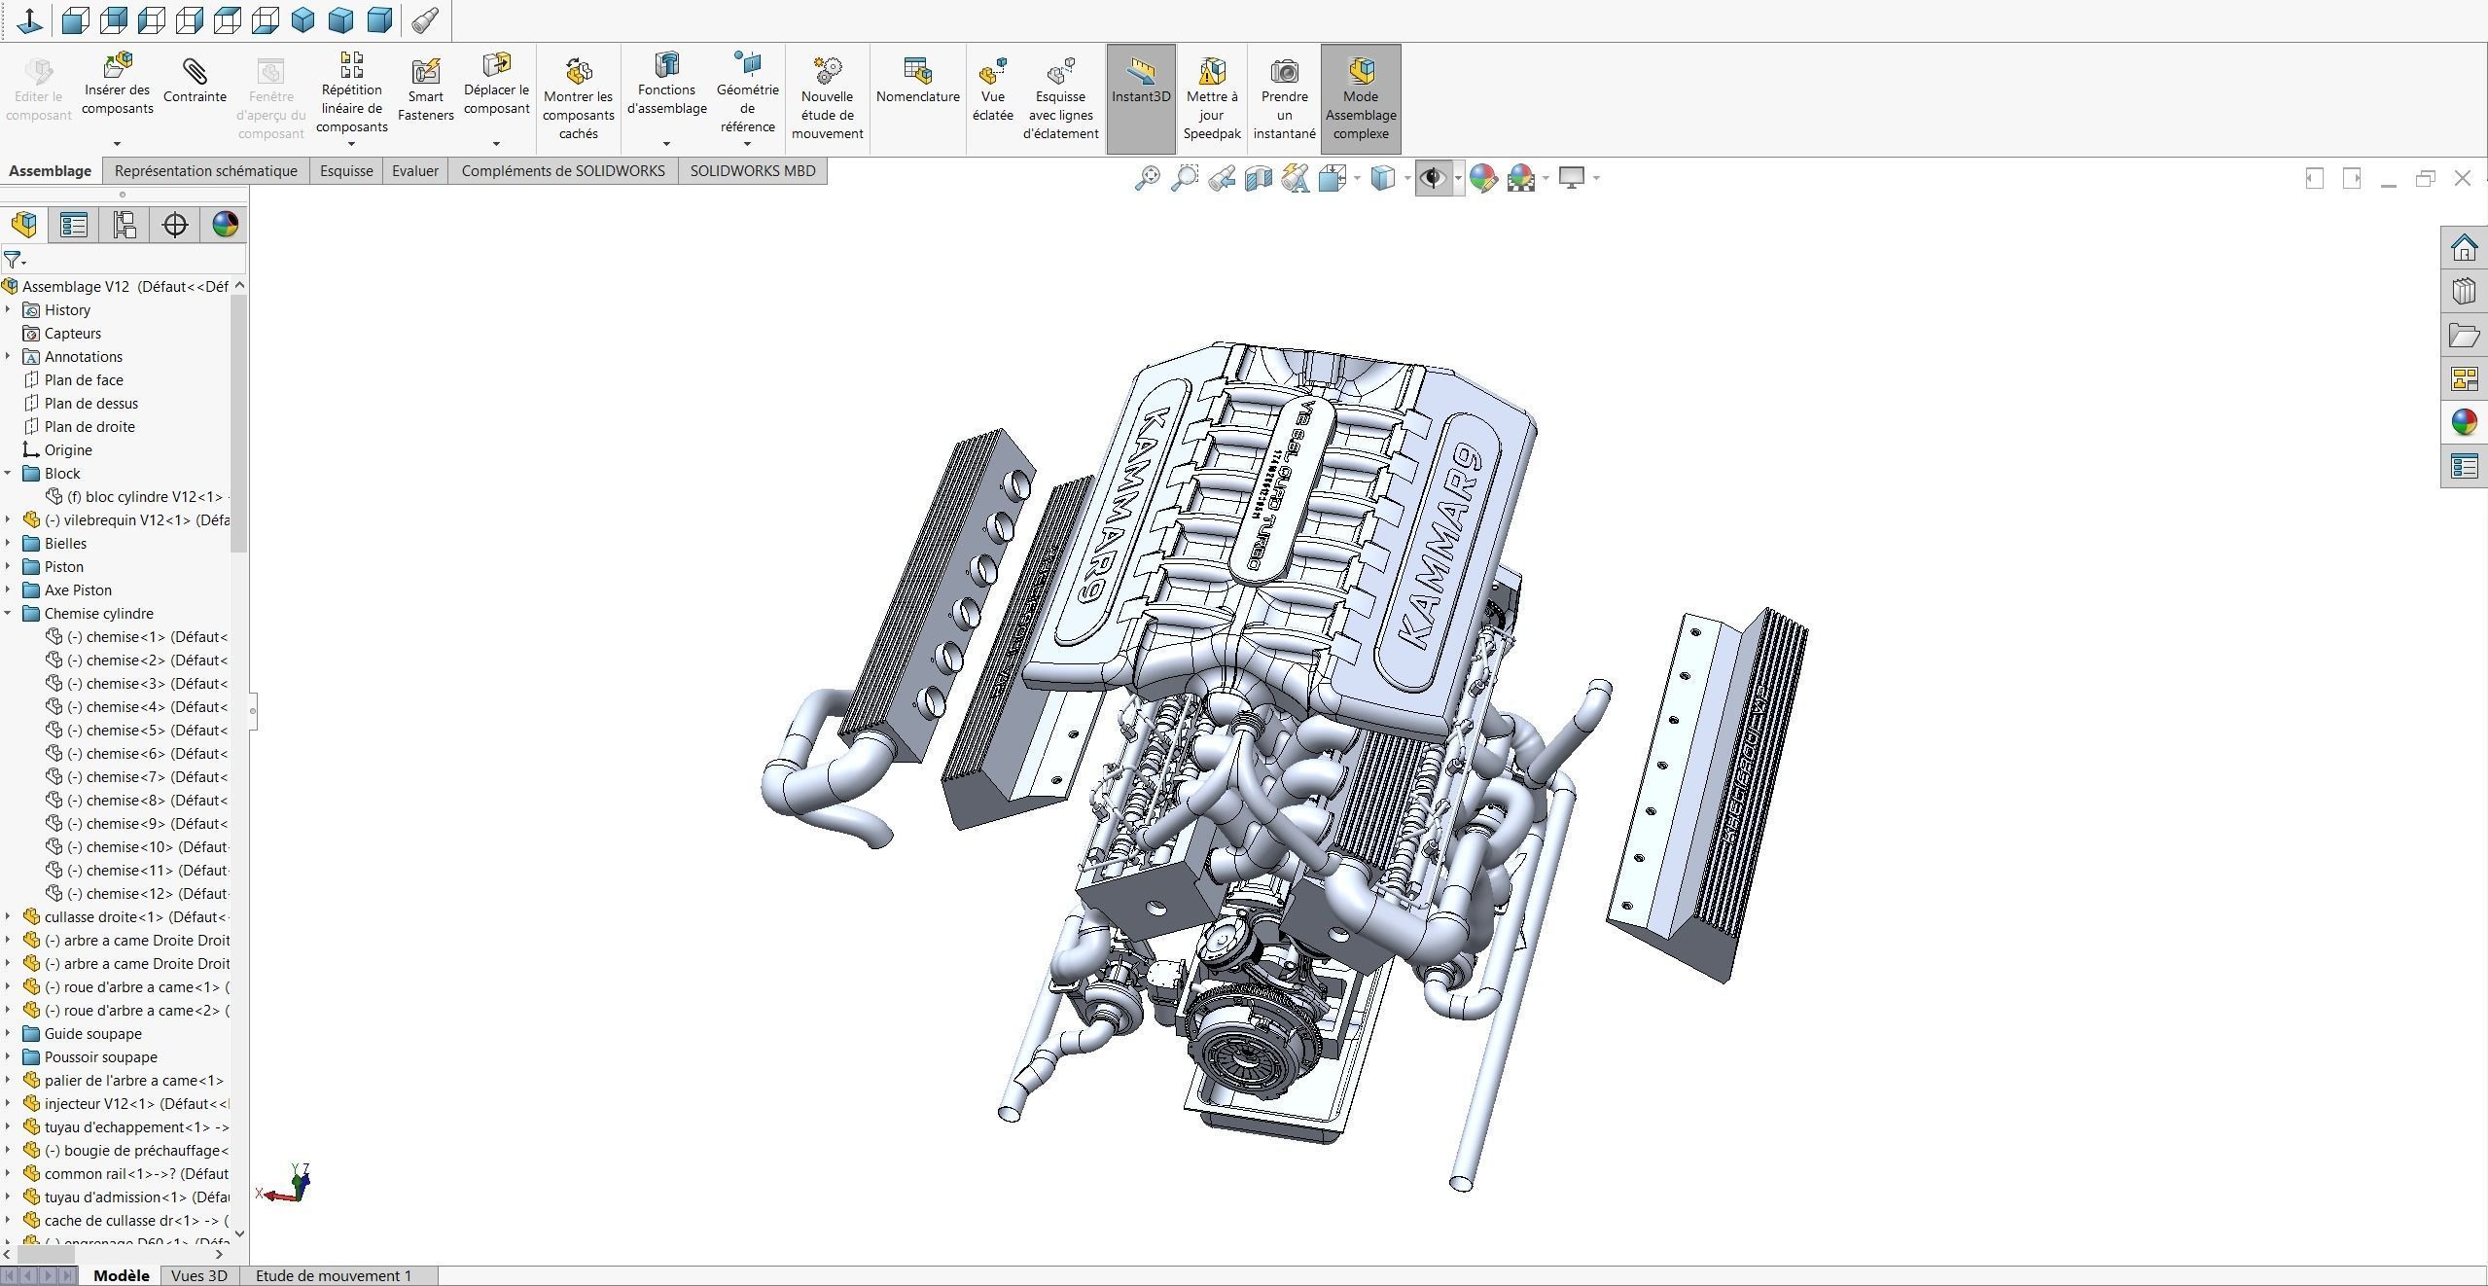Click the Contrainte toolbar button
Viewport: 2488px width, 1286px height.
(x=195, y=82)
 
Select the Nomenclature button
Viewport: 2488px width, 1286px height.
(x=917, y=82)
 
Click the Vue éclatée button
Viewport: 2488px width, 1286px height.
(x=992, y=89)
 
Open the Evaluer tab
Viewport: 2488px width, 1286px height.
(x=414, y=171)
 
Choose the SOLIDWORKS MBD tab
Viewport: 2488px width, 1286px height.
(x=752, y=171)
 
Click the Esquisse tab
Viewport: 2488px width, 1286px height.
(x=346, y=171)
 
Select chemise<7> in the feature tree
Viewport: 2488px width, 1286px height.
(x=146, y=777)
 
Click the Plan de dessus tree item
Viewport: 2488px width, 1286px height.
(x=90, y=404)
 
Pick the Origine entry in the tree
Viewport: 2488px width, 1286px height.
(x=68, y=450)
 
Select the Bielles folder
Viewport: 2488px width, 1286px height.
(x=65, y=544)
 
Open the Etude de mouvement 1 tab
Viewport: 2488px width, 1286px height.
(x=333, y=1275)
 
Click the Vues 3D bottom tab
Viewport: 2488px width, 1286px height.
(x=198, y=1275)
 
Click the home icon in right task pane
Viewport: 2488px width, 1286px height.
(x=2464, y=249)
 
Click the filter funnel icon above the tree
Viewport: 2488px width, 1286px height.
(x=13, y=260)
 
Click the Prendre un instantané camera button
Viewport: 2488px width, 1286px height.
(x=1284, y=97)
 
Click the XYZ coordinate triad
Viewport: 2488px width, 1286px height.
(x=292, y=1185)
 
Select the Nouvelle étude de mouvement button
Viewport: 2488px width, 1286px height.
(x=827, y=97)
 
